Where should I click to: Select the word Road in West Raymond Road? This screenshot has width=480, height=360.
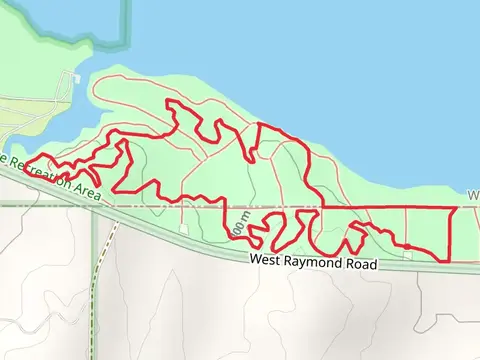[x=360, y=266]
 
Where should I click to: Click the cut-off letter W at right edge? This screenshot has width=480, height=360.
[x=473, y=195]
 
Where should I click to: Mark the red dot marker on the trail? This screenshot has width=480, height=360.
[x=408, y=245]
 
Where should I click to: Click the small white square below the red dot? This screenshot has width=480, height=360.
[x=408, y=254]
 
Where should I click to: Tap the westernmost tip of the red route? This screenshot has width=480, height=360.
[x=25, y=163]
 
